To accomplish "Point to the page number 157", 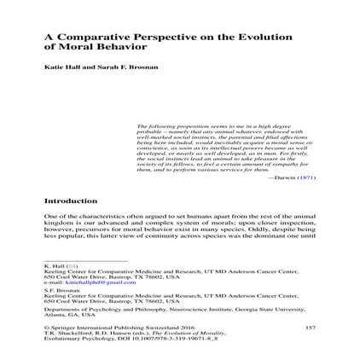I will coord(310,328).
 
